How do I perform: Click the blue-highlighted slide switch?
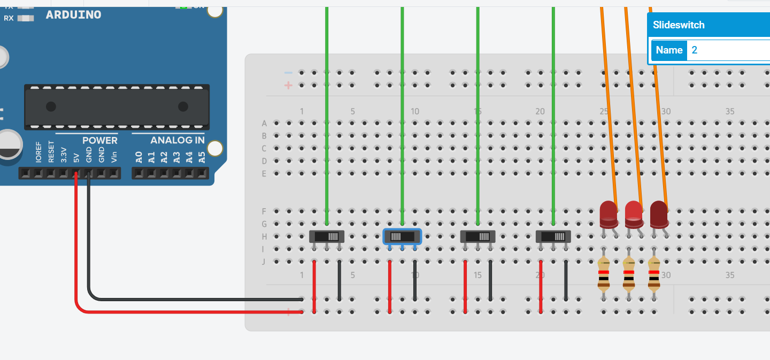click(402, 236)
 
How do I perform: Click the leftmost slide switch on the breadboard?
click(327, 236)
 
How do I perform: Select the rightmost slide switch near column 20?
click(553, 236)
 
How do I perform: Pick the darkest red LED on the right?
click(658, 213)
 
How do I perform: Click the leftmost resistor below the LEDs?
click(604, 273)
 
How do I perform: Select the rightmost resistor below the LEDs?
click(653, 273)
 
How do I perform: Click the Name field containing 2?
click(727, 50)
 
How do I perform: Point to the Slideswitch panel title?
click(679, 25)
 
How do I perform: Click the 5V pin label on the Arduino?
click(76, 158)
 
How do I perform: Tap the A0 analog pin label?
click(138, 157)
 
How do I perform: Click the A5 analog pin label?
click(202, 157)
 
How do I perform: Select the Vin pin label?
click(114, 157)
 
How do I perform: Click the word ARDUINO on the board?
click(73, 14)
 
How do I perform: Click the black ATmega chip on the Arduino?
click(117, 106)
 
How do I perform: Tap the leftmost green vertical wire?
click(327, 107)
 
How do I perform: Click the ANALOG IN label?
click(178, 140)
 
